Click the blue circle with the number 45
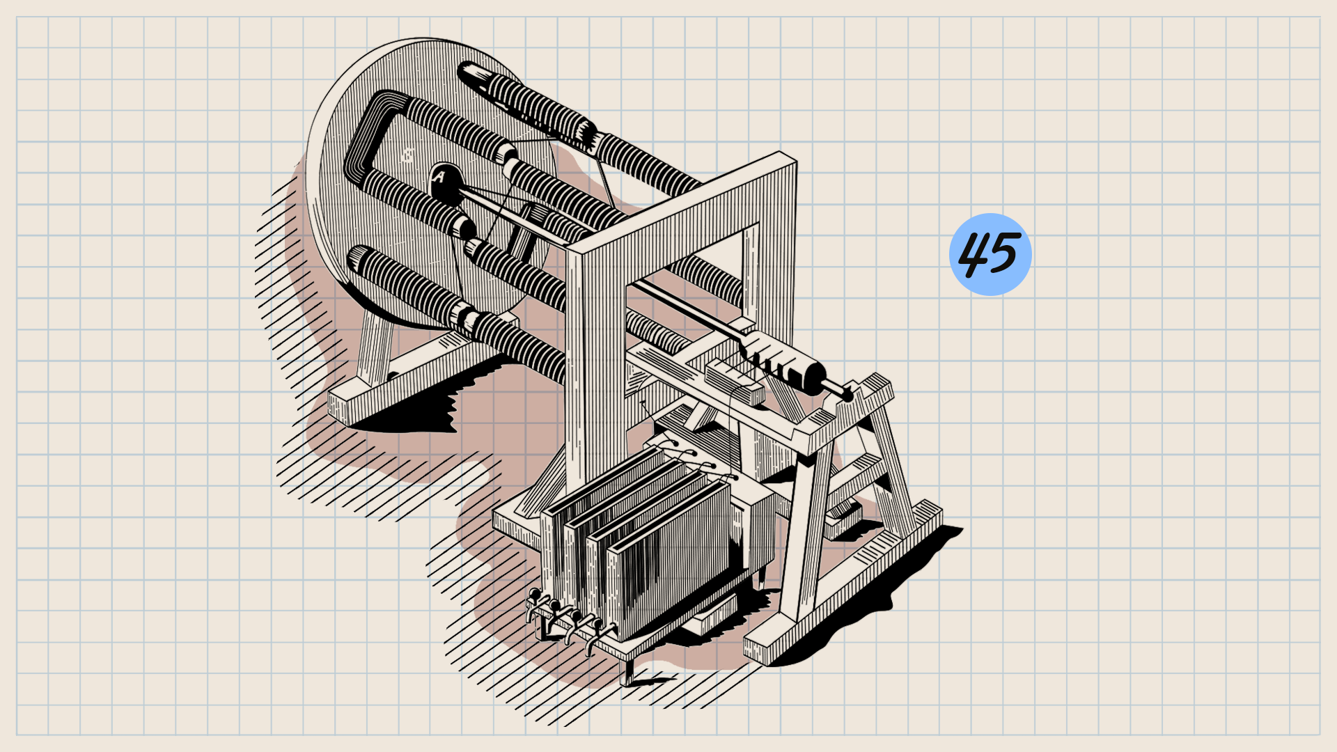(990, 254)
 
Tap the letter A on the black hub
(438, 178)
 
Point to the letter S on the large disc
(407, 155)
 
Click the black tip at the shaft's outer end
(847, 395)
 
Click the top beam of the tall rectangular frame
(682, 202)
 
